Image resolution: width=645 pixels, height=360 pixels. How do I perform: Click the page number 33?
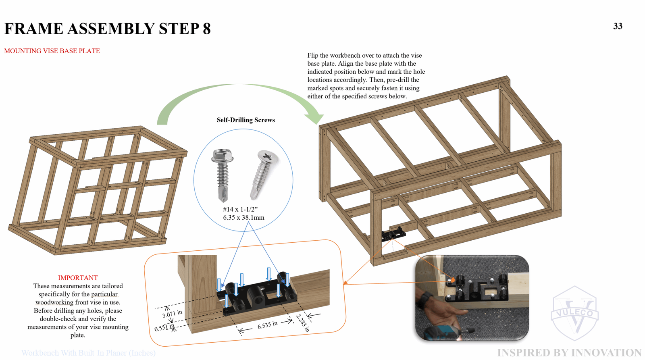(618, 26)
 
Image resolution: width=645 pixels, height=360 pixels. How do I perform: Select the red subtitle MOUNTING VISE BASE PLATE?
(52, 51)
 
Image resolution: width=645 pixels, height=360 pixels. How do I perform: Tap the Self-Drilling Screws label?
(246, 120)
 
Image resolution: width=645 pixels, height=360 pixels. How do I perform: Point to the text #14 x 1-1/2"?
(240, 209)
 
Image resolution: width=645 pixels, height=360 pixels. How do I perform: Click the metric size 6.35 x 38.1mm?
(243, 218)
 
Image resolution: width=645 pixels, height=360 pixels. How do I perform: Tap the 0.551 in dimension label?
(164, 328)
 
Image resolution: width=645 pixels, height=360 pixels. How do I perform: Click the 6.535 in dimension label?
(267, 325)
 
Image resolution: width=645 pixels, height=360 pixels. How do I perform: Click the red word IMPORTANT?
(78, 278)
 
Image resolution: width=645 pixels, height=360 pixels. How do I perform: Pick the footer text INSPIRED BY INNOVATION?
(569, 353)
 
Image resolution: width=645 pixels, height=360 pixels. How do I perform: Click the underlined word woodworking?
(54, 302)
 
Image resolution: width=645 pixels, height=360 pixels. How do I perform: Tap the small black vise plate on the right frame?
(393, 234)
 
